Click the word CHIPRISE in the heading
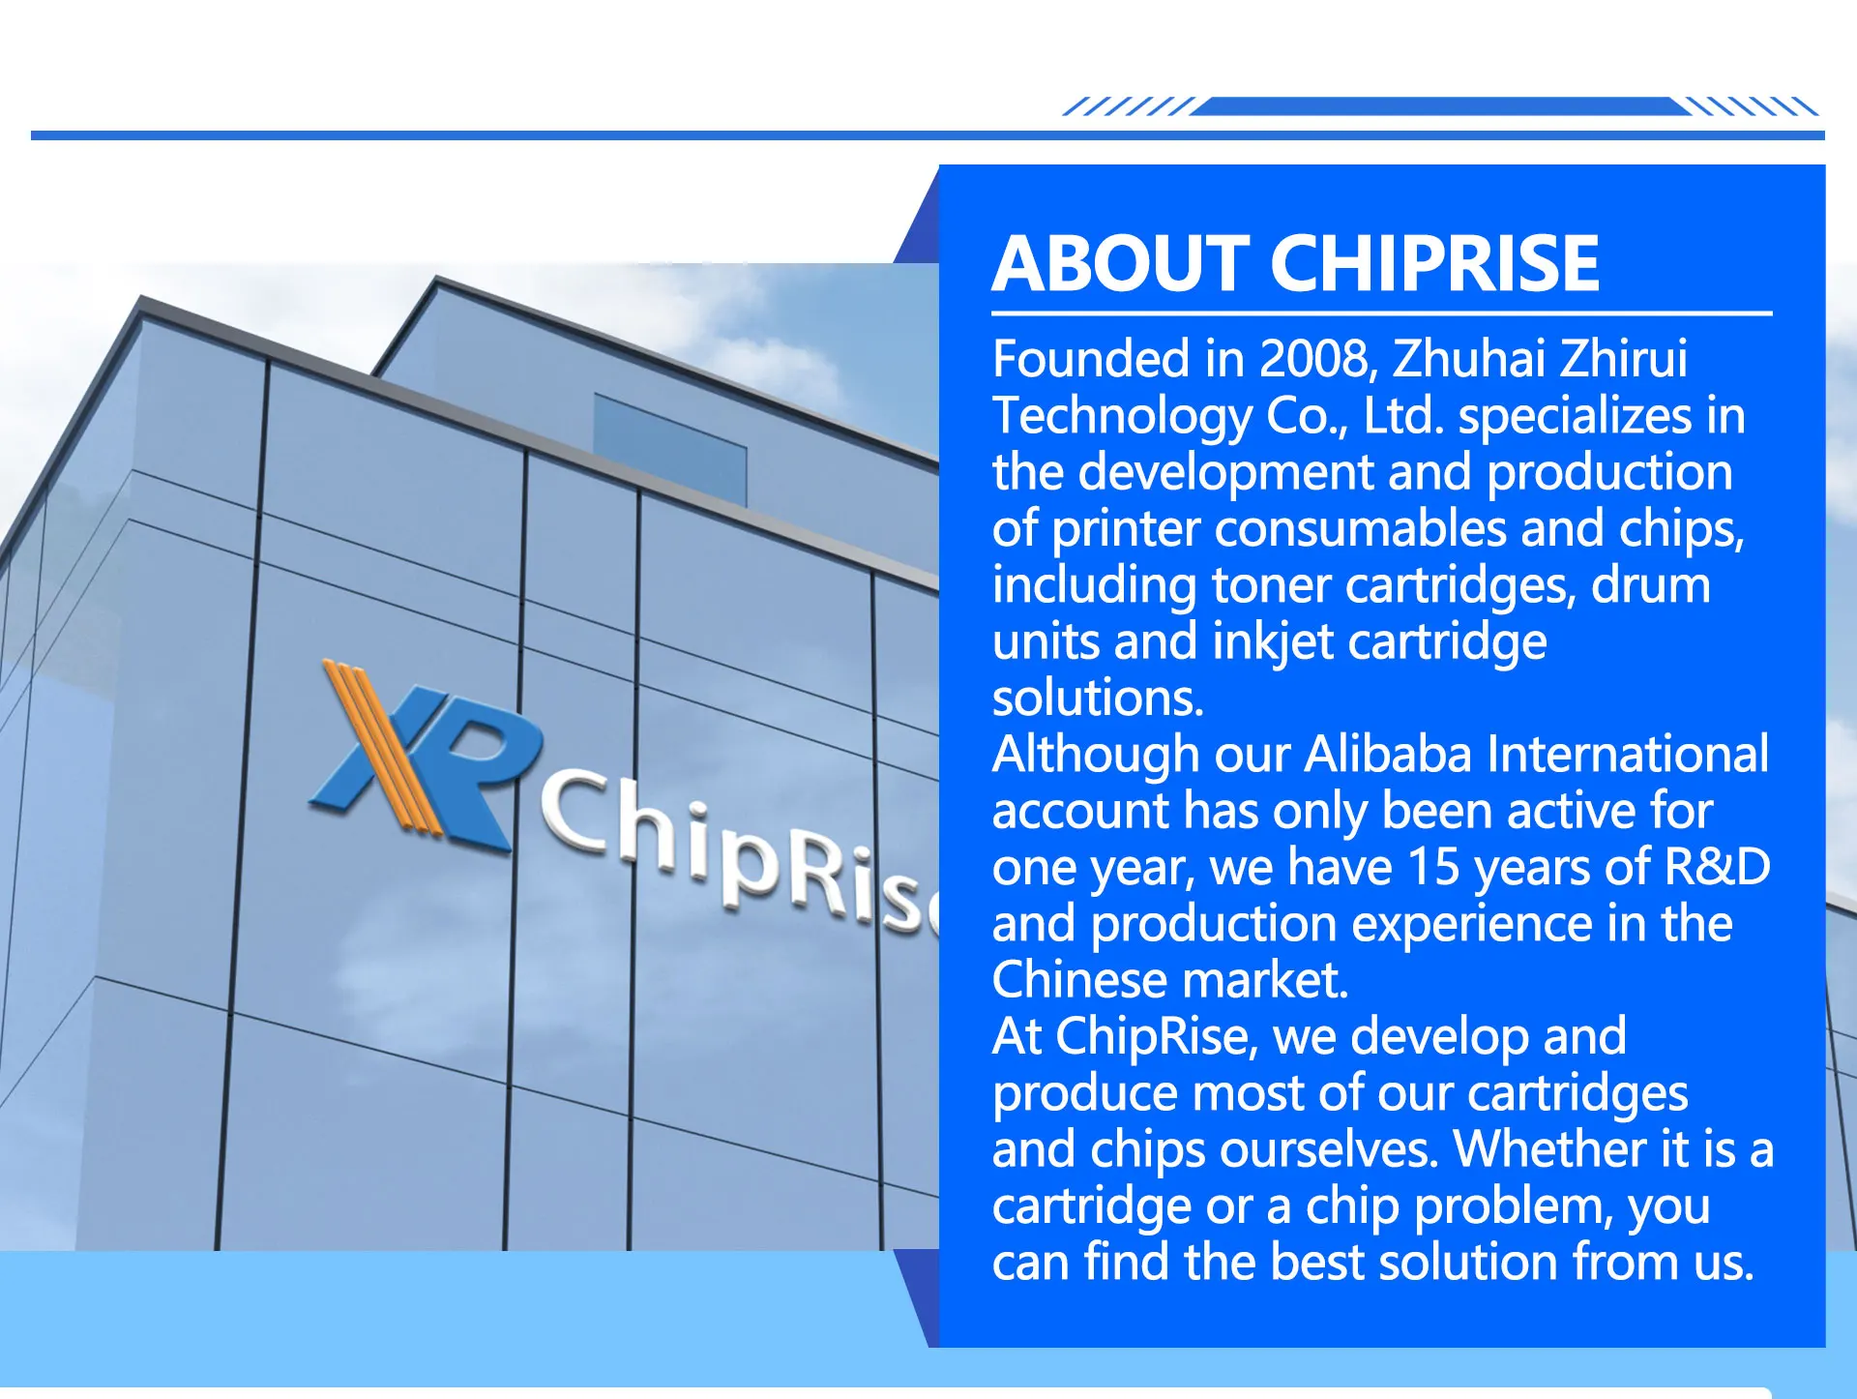[x=1435, y=263]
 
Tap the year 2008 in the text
[x=1318, y=359]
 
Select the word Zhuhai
[x=1469, y=359]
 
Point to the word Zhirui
[x=1624, y=359]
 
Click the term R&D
[x=1717, y=867]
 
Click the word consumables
[x=1361, y=529]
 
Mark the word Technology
[x=1123, y=417]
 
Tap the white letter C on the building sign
[x=579, y=814]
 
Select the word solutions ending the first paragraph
[x=1098, y=699]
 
